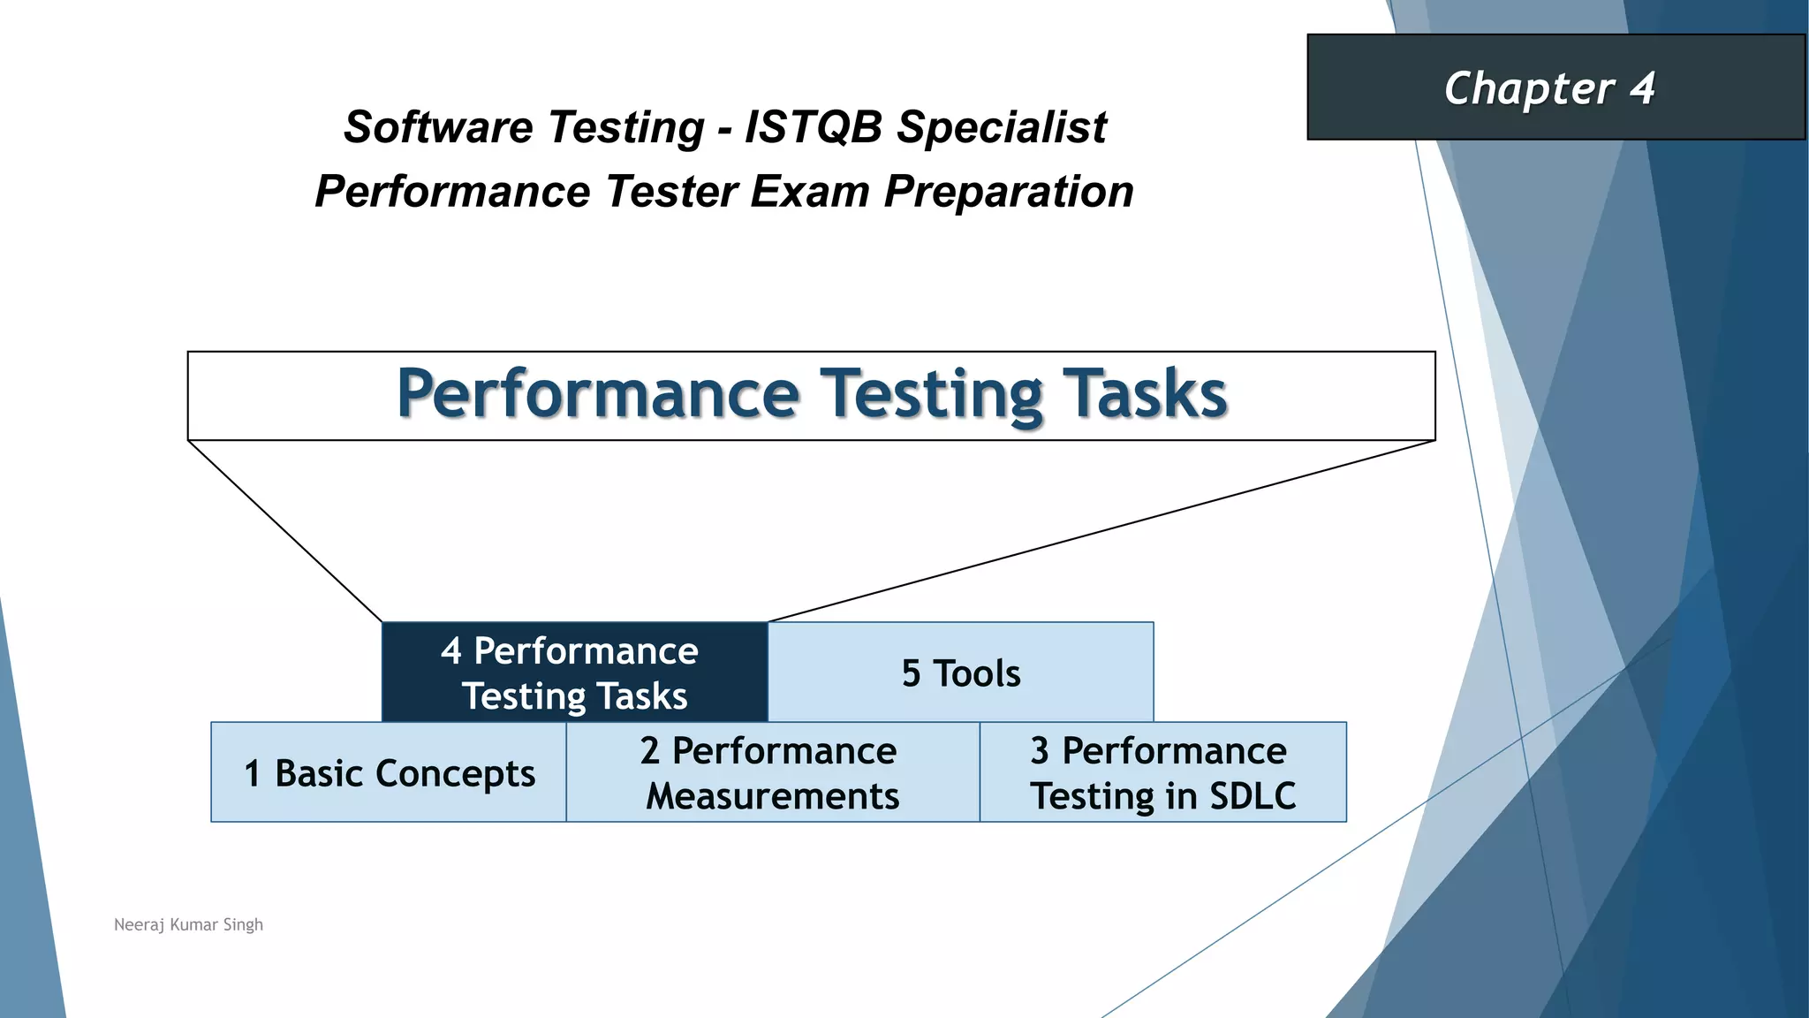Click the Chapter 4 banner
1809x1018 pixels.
click(1555, 87)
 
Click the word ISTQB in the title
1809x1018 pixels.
click(814, 127)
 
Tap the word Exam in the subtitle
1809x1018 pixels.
click(810, 192)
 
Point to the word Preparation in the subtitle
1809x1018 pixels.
click(1009, 192)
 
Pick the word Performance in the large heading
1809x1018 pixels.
click(598, 394)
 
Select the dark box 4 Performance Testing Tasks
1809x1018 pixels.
click(574, 672)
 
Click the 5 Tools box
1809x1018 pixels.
click(960, 672)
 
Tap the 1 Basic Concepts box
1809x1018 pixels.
click(389, 772)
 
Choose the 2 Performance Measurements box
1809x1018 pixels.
click(772, 772)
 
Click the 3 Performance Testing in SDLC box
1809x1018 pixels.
click(1162, 772)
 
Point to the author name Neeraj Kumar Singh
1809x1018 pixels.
click(188, 924)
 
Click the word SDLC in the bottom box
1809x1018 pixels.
click(1253, 796)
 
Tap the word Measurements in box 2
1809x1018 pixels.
click(772, 796)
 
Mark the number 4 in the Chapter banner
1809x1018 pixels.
click(1641, 88)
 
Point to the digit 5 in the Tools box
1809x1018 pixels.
click(911, 674)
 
